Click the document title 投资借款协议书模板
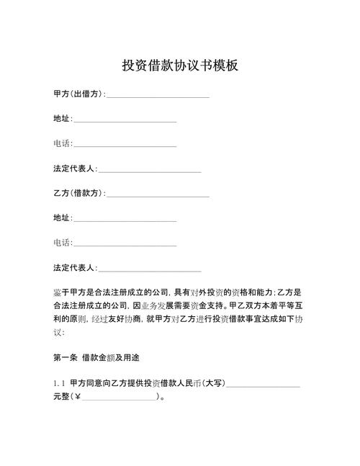tap(180, 66)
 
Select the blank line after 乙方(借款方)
tap(158, 195)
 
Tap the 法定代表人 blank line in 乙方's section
tap(150, 270)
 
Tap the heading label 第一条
tap(65, 357)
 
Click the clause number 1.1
tap(59, 383)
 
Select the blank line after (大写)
tap(263, 385)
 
